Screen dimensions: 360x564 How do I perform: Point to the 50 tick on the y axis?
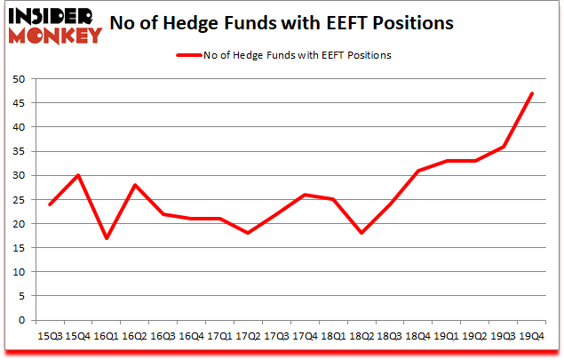click(x=19, y=79)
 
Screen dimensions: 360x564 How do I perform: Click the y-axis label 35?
click(x=19, y=151)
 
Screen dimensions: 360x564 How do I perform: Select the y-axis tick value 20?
click(x=19, y=224)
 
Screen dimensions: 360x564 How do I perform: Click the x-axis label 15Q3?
click(x=50, y=337)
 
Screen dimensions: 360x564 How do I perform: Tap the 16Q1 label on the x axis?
click(x=107, y=337)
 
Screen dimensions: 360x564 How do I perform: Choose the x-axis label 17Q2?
click(x=248, y=337)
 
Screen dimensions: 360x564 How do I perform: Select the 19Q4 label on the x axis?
click(x=531, y=337)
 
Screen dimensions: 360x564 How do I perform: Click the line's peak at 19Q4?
click(x=531, y=93)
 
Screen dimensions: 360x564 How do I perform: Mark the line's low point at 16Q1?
click(x=107, y=238)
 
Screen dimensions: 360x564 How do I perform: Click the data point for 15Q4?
click(x=78, y=175)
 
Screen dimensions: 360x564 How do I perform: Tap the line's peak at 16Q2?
click(x=135, y=185)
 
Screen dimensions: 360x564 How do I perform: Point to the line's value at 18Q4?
click(x=417, y=171)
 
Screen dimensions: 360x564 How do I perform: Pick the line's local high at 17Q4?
click(x=305, y=195)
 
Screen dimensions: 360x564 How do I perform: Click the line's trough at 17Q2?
click(x=248, y=233)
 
